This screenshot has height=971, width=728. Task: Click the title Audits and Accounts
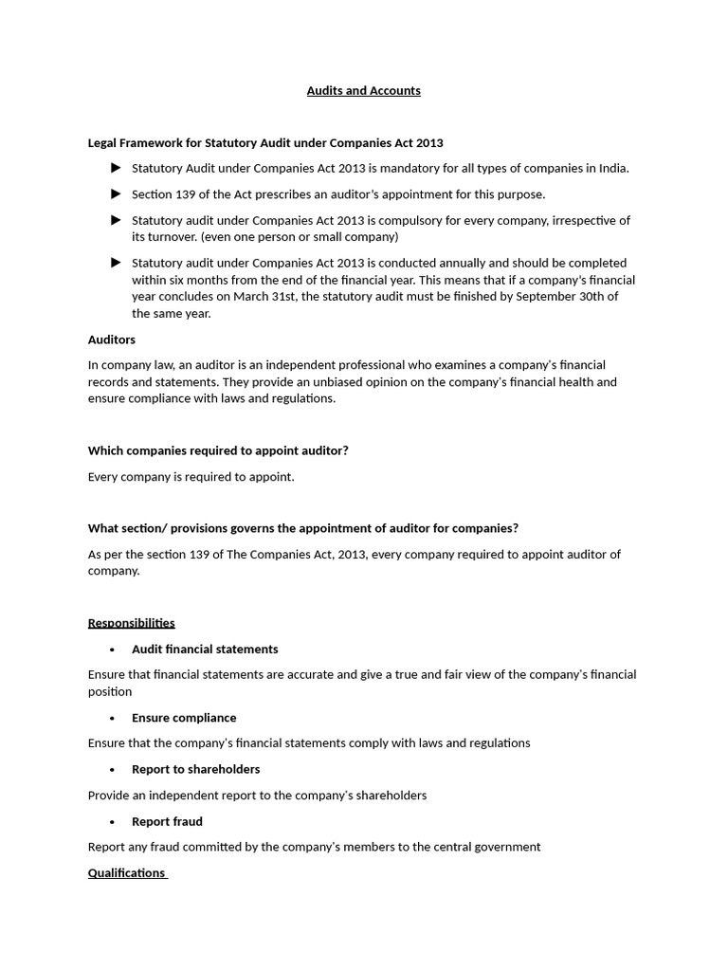click(363, 91)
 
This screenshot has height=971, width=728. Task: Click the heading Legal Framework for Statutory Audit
click(265, 143)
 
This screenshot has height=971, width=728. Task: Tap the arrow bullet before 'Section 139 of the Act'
click(116, 194)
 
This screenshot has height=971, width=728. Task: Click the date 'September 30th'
click(562, 297)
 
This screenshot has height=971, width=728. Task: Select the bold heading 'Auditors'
click(112, 339)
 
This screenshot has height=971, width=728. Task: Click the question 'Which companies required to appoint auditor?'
click(218, 451)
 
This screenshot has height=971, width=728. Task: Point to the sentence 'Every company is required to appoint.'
click(191, 477)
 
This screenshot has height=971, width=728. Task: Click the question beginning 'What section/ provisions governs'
click(302, 528)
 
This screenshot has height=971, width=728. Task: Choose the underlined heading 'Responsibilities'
click(131, 623)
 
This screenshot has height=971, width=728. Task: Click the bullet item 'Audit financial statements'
click(205, 650)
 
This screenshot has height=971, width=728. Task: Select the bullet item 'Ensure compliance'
click(184, 718)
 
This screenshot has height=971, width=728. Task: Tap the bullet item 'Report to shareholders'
click(195, 769)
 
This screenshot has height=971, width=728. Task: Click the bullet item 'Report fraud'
click(167, 821)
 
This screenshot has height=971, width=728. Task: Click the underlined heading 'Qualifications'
click(126, 873)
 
